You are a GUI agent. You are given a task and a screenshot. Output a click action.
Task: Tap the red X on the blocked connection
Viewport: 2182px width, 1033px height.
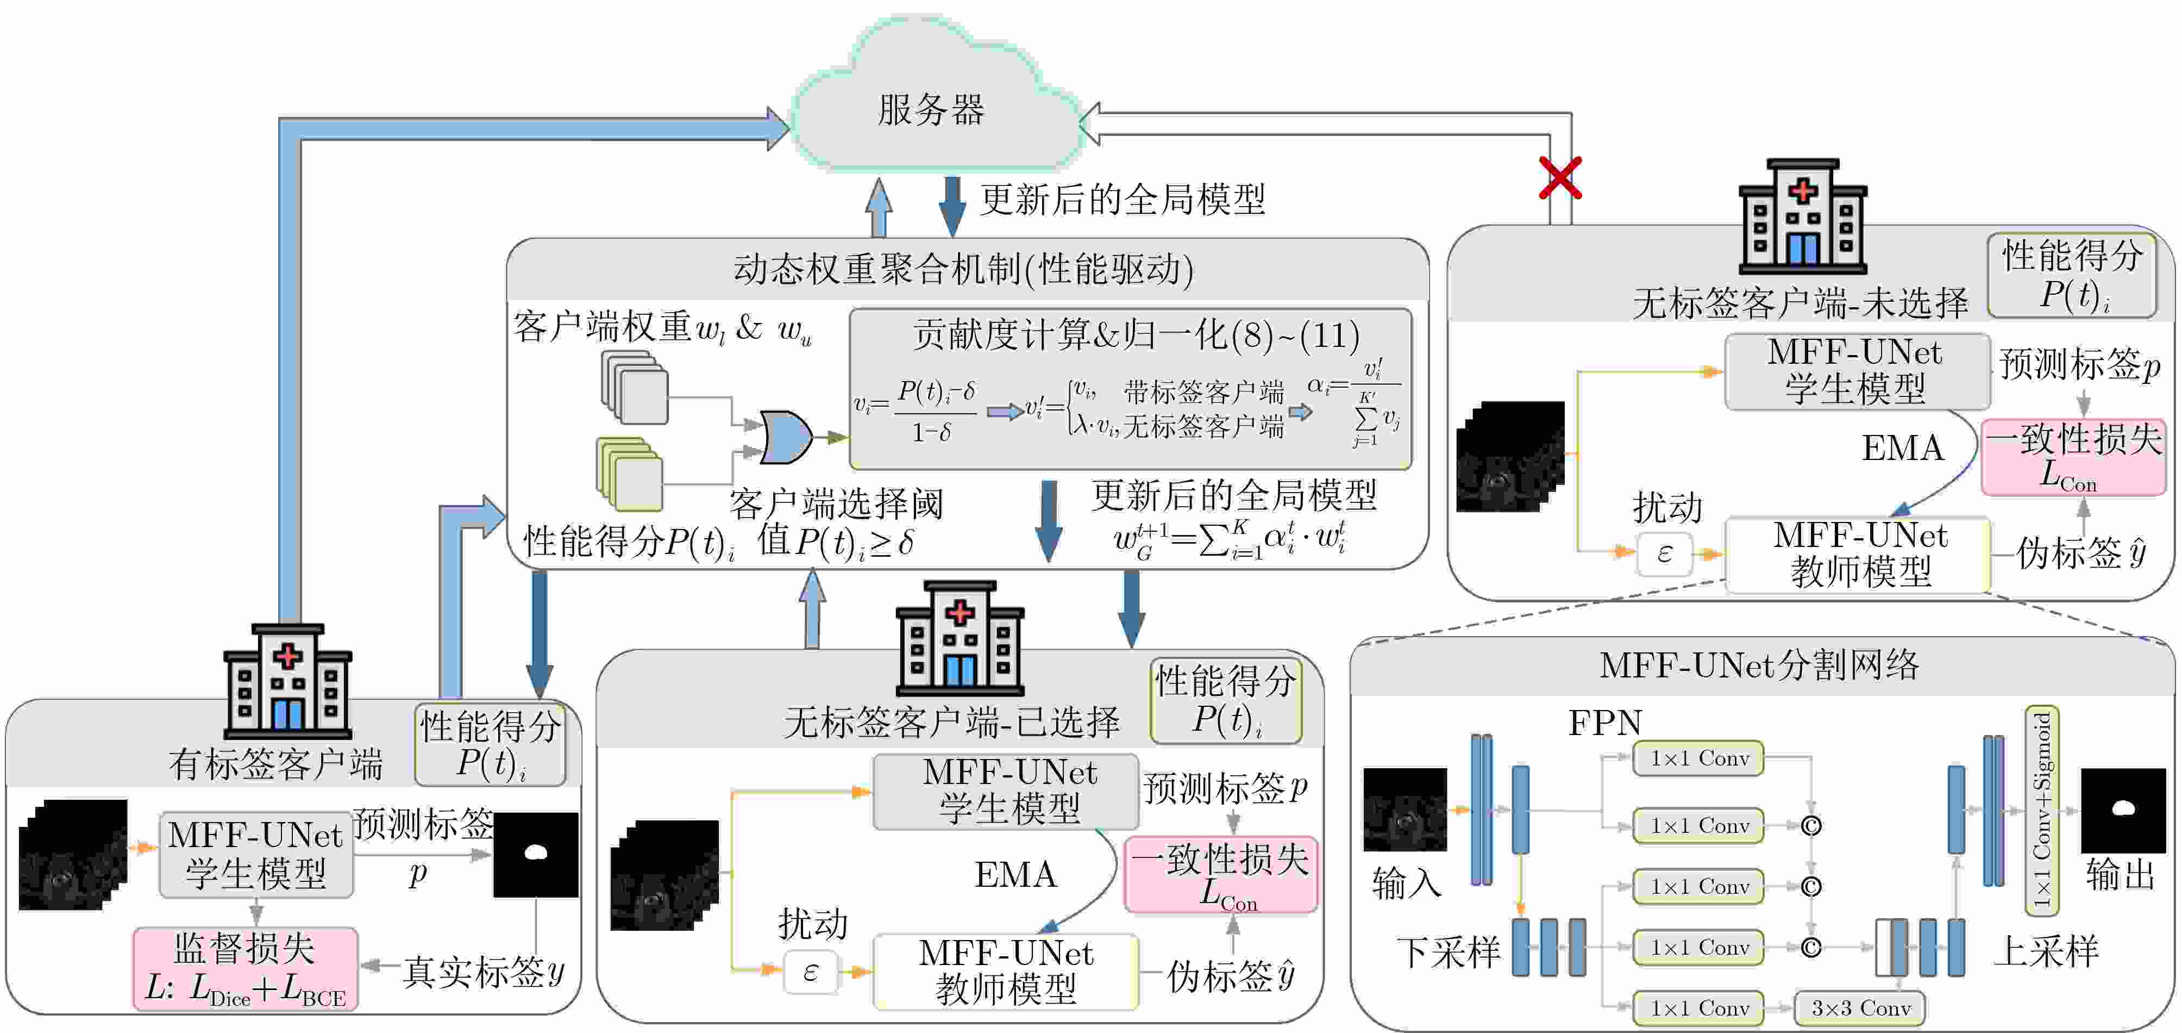1559,178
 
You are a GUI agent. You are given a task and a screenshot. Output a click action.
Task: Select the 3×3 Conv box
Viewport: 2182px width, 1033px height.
1860,1007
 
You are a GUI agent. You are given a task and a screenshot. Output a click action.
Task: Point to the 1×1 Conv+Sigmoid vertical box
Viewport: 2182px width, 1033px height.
2041,810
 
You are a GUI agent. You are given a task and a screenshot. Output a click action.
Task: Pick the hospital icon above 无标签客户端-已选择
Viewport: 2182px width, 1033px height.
959,637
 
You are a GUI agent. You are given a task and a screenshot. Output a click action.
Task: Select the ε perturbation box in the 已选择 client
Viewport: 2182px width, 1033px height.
810,971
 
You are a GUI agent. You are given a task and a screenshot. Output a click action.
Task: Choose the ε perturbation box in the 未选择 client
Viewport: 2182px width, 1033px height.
1664,553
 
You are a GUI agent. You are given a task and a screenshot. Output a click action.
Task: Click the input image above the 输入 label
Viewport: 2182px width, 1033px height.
1404,810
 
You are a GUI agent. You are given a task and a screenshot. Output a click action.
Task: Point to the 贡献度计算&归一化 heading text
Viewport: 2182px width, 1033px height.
1135,335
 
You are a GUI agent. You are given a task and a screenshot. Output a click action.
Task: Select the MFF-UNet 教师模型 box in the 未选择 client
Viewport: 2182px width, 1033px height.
1859,554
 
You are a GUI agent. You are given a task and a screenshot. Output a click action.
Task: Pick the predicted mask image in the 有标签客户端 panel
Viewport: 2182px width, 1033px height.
535,854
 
